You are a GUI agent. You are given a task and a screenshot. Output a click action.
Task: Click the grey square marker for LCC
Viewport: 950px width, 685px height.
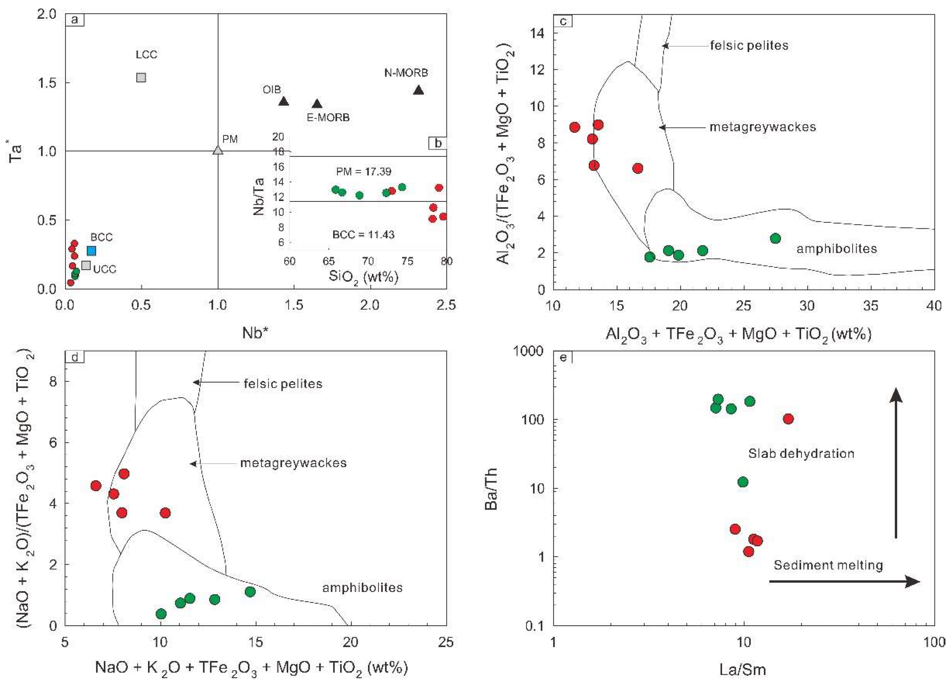tap(141, 78)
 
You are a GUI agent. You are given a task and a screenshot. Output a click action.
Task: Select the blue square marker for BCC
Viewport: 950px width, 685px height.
tap(91, 251)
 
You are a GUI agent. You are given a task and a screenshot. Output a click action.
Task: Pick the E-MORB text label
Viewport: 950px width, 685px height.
tap(328, 118)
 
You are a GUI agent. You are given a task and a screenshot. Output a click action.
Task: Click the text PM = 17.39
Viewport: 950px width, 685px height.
tap(364, 171)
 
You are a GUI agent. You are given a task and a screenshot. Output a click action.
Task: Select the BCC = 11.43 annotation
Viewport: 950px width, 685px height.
tap(363, 235)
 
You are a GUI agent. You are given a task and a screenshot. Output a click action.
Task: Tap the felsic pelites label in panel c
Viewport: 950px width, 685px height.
tap(749, 45)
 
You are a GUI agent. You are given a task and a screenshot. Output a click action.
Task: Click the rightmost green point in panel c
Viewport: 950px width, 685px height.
tap(775, 238)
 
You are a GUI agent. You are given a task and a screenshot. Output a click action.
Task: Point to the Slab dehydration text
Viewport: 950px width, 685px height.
tap(801, 453)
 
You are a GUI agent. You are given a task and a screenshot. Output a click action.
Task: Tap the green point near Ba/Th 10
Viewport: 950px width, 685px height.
tap(743, 482)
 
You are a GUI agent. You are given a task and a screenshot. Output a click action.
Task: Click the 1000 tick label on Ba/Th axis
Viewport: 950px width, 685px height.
tap(529, 351)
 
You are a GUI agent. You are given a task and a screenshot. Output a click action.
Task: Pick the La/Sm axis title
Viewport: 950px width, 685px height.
tap(743, 669)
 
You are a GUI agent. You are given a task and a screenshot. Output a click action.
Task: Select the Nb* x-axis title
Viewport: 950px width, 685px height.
tap(255, 333)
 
